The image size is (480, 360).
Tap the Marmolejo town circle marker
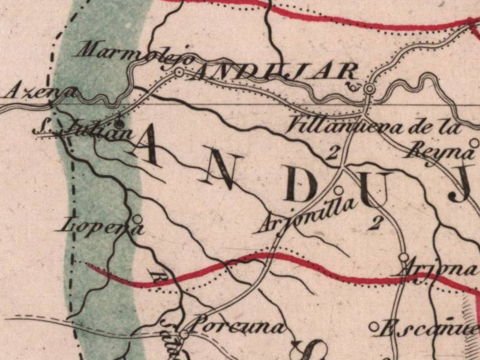[x=179, y=73]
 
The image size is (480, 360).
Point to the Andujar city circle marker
[x=370, y=89]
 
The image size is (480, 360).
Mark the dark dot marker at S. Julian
[x=119, y=124]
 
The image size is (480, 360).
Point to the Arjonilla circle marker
[x=338, y=190]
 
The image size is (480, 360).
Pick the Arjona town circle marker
[x=403, y=258]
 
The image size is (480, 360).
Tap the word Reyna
[x=441, y=150]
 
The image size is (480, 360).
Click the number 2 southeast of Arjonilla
[x=376, y=223]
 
